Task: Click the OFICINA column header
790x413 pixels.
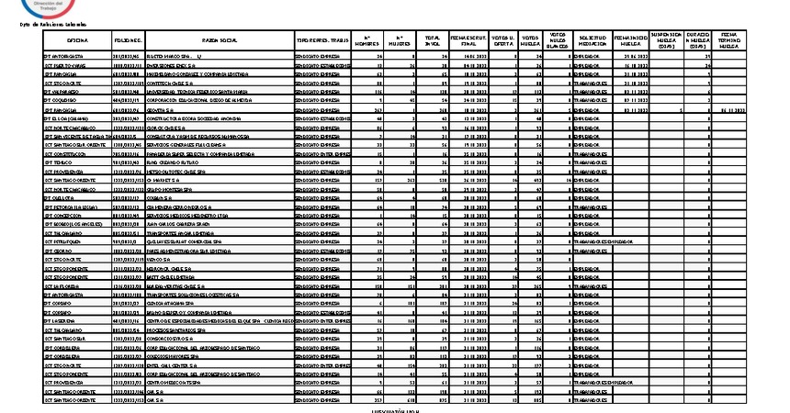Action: coord(78,41)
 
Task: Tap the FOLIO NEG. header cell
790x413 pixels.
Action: coord(129,41)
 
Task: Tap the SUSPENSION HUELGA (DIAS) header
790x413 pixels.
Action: coord(663,40)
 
